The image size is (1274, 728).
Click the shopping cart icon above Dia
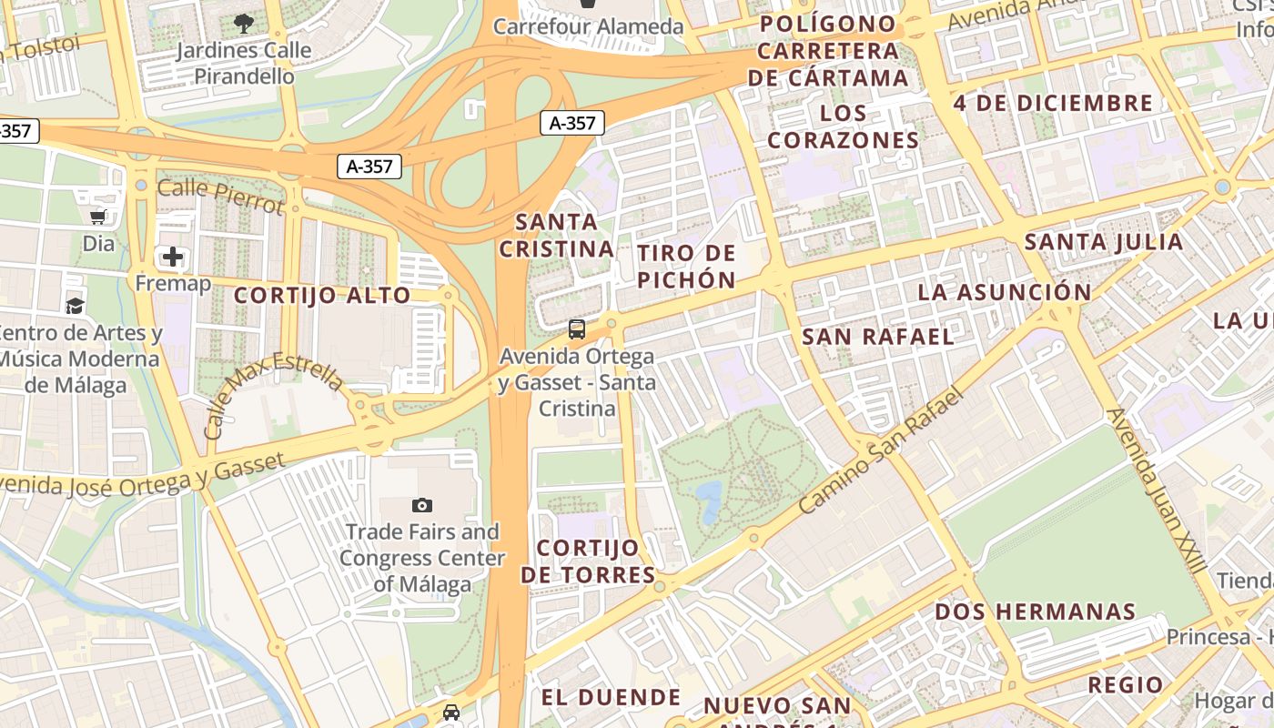click(98, 217)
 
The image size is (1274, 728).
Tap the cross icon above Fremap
click(173, 257)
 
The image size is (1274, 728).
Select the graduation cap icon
click(75, 306)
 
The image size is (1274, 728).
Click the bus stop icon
click(577, 329)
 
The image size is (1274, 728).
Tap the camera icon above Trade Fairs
click(422, 505)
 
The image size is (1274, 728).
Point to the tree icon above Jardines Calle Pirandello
click(243, 23)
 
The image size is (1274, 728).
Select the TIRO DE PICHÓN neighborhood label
click(686, 266)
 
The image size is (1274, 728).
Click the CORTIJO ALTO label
click(323, 296)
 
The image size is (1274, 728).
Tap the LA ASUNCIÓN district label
click(1004, 292)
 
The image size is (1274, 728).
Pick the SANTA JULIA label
click(1103, 242)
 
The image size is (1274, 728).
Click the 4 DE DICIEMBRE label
click(1053, 103)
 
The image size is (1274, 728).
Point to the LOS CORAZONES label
click(843, 126)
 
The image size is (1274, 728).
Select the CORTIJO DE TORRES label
click(588, 561)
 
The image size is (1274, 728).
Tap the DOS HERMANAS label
click(1036, 612)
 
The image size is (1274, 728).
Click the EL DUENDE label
click(611, 698)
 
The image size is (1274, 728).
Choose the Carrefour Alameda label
click(588, 27)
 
